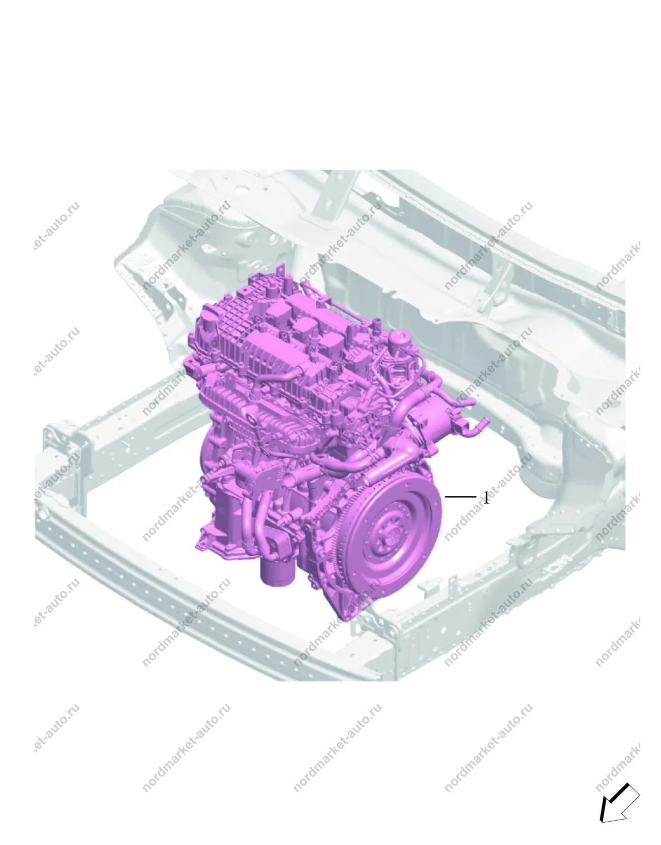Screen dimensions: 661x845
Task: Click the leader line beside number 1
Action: click(x=460, y=496)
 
